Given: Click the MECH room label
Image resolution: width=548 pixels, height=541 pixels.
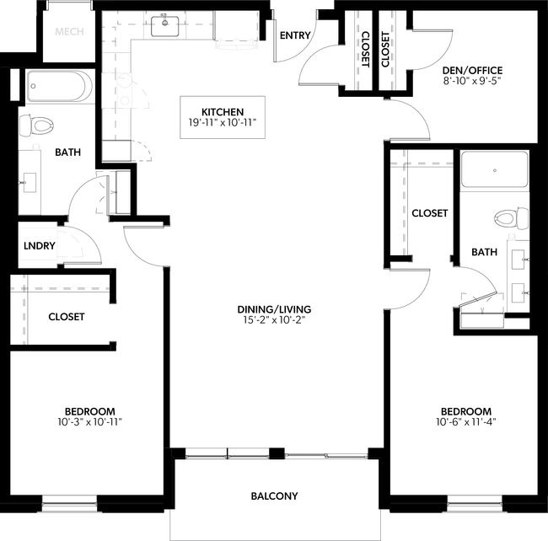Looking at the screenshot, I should [x=67, y=33].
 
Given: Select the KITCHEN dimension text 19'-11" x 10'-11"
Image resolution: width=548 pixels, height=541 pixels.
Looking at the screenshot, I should [x=223, y=122].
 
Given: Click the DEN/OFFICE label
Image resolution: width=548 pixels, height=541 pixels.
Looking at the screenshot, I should [x=473, y=71].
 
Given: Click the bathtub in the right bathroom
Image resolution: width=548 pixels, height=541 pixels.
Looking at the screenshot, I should [x=495, y=169].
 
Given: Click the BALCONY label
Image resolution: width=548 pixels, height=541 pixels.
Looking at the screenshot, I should [x=274, y=496].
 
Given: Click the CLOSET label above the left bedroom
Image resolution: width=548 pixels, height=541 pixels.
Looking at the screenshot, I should [x=66, y=317].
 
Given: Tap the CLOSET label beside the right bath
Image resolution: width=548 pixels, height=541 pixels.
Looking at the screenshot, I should [x=429, y=213].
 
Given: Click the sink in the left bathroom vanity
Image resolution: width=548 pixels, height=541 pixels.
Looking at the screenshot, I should [x=31, y=181].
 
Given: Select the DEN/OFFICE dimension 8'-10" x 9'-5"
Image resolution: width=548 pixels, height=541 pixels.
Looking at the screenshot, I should [x=473, y=83].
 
